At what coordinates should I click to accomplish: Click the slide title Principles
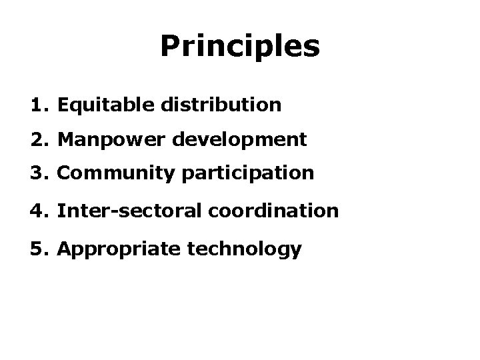[x=240, y=47]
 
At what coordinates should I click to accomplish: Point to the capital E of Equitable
[x=63, y=105]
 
